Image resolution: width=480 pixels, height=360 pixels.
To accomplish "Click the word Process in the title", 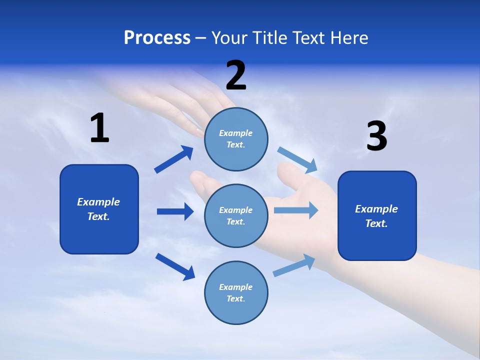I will tap(157, 37).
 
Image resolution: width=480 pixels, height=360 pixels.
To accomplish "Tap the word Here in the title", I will tap(348, 37).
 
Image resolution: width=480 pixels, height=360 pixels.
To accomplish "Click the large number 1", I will tap(99, 128).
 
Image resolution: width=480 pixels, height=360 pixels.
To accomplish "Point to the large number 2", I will tap(236, 75).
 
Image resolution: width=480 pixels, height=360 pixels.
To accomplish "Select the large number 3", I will tap(376, 136).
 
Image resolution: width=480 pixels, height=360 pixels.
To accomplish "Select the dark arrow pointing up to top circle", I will tap(174, 159).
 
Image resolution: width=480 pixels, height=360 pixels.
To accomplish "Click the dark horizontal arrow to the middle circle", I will tap(175, 211).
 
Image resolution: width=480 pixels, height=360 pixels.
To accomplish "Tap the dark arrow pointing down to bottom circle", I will tap(175, 266).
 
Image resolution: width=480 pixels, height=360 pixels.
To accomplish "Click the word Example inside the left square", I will tap(98, 202).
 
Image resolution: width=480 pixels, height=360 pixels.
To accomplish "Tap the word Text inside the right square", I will tap(376, 223).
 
